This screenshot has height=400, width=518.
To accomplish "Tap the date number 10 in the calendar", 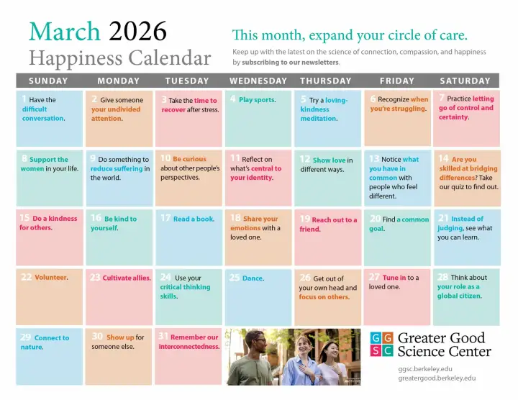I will [x=165, y=158].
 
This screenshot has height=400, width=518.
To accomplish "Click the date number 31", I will [x=163, y=336].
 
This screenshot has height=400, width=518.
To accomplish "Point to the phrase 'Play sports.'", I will [x=257, y=100].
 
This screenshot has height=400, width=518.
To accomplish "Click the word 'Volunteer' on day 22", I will [x=51, y=278].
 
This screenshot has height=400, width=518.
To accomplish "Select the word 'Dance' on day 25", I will [x=253, y=278].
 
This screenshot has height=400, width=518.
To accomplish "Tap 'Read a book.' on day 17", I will [x=194, y=219].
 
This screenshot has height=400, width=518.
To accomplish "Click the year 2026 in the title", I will [x=137, y=32].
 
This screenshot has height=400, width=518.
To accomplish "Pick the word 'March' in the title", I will [x=65, y=32].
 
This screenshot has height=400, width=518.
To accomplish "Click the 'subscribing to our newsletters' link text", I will [x=290, y=63].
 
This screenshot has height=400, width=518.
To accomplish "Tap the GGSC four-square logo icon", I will [x=381, y=345].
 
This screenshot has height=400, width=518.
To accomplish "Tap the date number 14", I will [x=443, y=158].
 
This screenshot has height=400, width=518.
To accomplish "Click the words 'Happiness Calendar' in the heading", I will [x=119, y=58].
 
